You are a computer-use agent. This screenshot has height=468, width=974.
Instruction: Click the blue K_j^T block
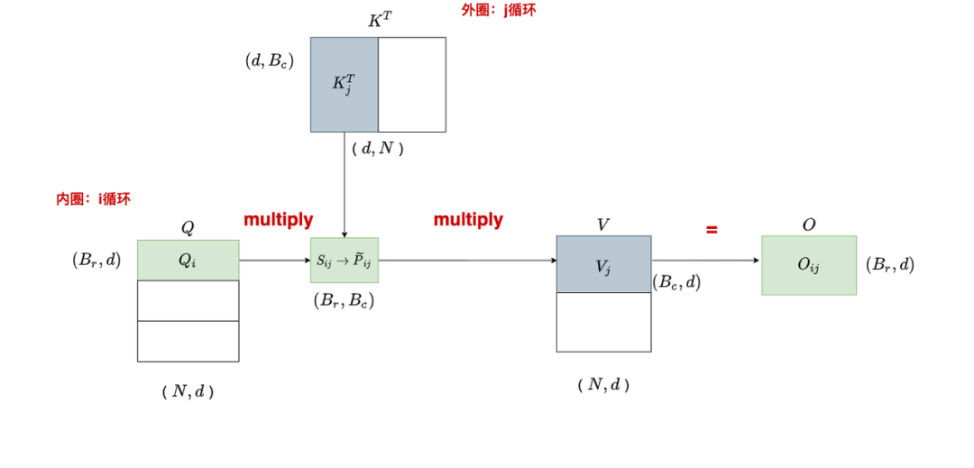pos(344,85)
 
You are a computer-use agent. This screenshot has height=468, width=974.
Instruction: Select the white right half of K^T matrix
pos(411,85)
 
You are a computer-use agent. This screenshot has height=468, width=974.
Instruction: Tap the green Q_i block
pos(188,260)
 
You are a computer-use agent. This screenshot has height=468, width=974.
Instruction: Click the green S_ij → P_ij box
pos(344,261)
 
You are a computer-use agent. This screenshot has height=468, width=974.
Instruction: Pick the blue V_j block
pos(603,264)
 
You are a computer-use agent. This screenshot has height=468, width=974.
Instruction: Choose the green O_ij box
pos(808,265)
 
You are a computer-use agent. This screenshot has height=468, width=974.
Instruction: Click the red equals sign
pos(712,230)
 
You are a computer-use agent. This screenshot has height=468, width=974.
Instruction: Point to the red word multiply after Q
pos(279,219)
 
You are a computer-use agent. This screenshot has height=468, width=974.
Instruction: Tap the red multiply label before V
pos(468,219)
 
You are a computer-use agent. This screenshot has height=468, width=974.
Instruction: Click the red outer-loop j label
pos(492,11)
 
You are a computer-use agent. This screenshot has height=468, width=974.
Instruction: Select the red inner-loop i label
pos(94,199)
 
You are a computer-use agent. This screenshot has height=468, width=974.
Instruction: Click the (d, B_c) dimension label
pos(269,61)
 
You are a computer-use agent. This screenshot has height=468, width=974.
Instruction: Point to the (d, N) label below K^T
pos(377,149)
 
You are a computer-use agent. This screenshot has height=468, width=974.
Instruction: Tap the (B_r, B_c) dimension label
pos(344,301)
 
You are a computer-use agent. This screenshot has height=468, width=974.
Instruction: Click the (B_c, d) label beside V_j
pos(676,281)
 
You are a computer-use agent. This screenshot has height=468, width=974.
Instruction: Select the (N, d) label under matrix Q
pos(188,391)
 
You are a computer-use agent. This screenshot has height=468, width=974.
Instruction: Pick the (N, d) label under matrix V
pos(602,384)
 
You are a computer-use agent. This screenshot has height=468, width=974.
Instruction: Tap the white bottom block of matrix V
pos(603,322)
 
